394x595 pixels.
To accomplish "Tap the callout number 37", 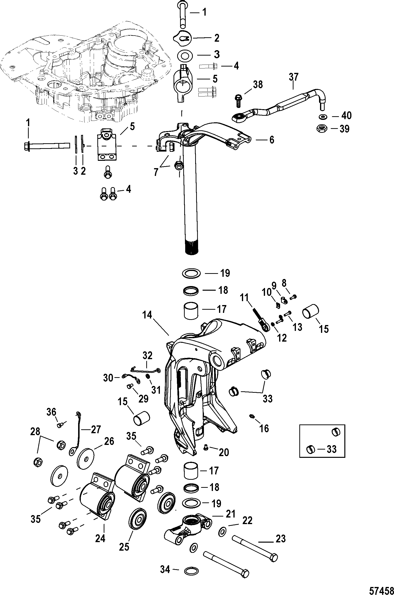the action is tap(293, 77).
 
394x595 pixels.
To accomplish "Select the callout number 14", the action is tap(147, 315).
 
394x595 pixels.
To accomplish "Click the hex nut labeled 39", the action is tap(322, 129).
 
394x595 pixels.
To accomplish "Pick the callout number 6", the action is tap(272, 140).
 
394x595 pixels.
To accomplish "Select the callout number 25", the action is tap(124, 547).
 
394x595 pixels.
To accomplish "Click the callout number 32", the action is tap(147, 355).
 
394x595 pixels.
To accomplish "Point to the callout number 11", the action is tap(244, 298).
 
